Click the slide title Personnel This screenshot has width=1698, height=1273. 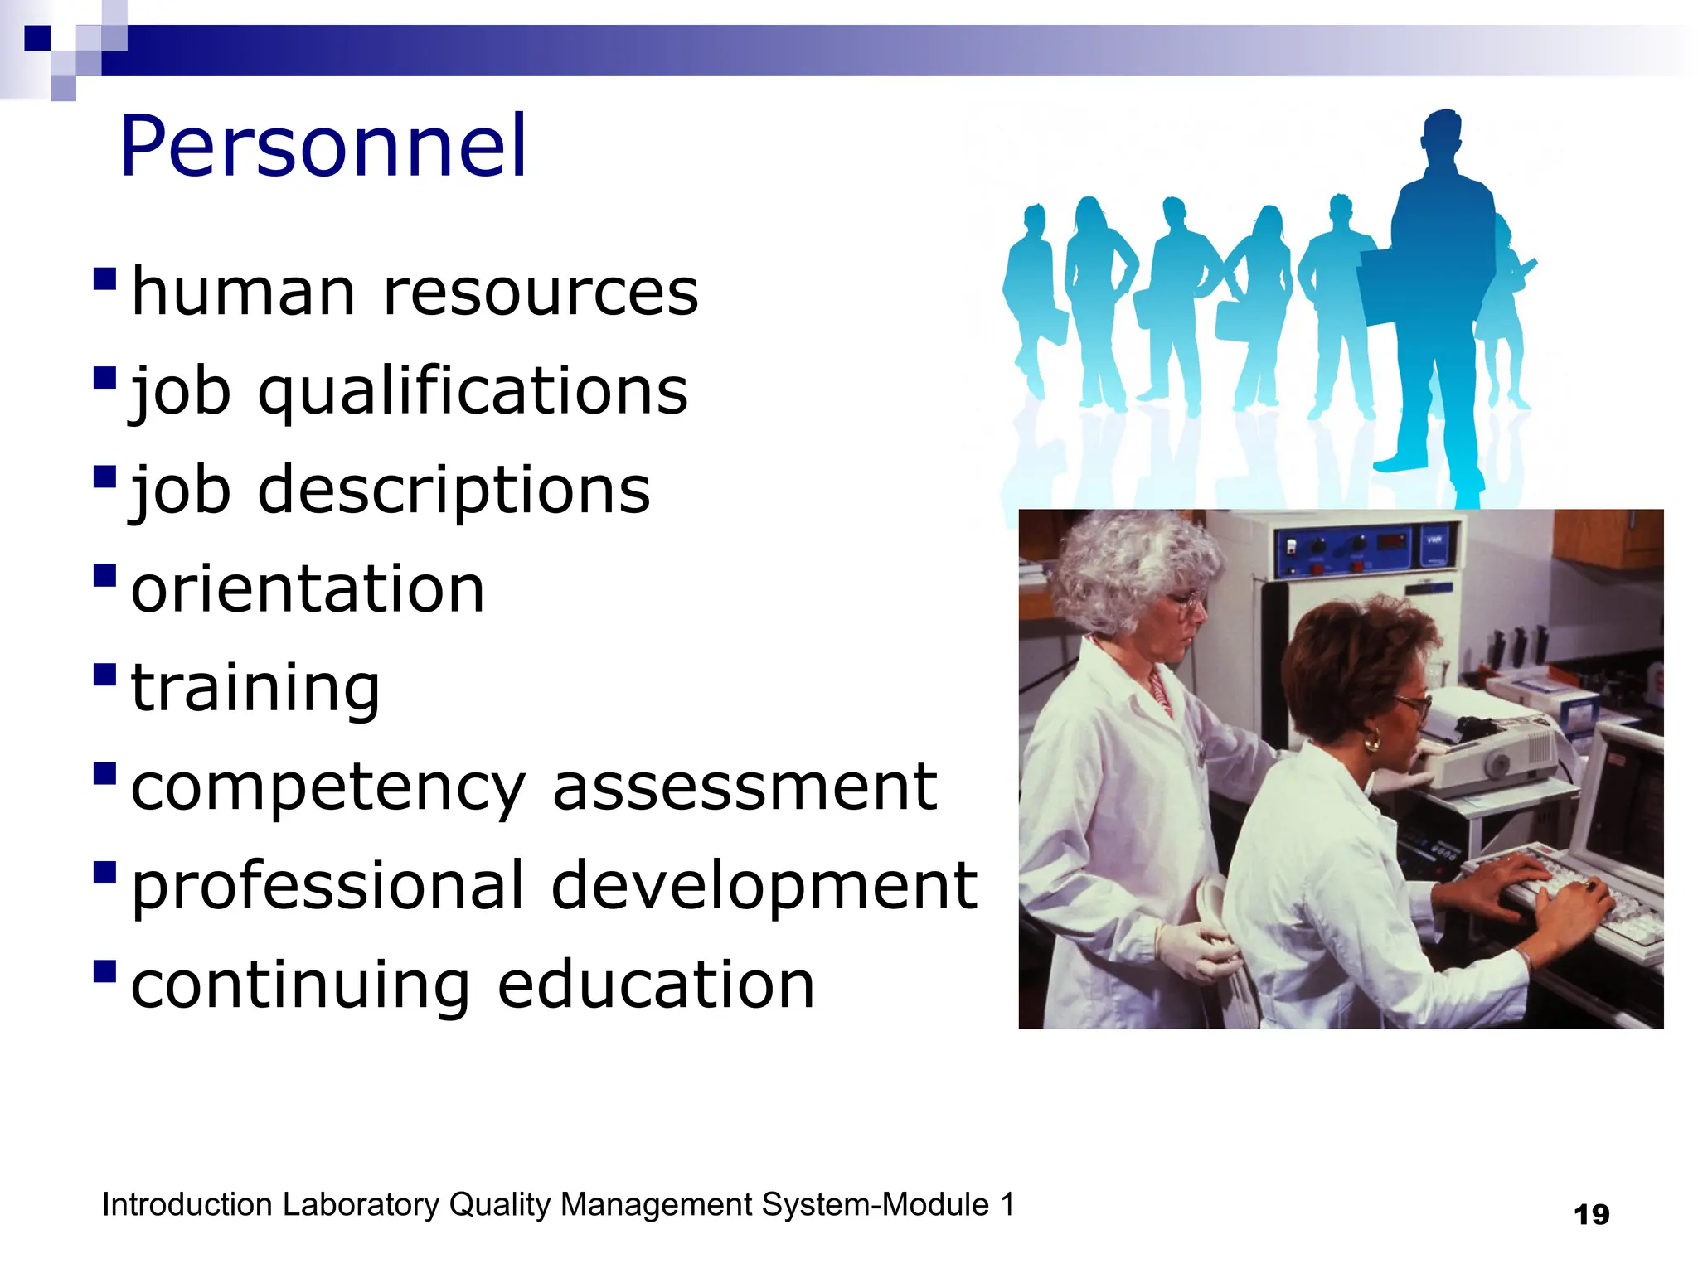323,148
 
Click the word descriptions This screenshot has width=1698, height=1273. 454,490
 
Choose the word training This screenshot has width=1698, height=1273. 255,688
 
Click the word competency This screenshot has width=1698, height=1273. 327,787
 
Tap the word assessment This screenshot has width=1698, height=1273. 744,787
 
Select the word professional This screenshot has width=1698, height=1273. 327,885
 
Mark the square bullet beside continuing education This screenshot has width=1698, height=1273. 105,970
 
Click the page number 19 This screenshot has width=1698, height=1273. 1591,1215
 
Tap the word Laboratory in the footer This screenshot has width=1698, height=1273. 361,1205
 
